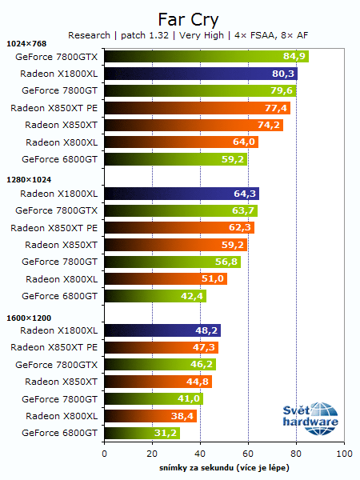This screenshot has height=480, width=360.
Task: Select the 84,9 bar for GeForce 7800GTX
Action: point(206,57)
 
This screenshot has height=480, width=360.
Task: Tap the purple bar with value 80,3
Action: point(200,74)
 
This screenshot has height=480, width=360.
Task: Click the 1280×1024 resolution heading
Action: point(29,180)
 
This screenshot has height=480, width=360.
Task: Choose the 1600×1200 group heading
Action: point(29,317)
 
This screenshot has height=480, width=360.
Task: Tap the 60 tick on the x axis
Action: point(248,453)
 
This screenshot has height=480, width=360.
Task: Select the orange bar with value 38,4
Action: point(150,416)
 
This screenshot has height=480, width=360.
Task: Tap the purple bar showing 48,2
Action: point(162,330)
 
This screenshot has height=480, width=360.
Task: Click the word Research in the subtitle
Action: point(90,34)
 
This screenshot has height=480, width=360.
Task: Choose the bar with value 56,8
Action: point(172,262)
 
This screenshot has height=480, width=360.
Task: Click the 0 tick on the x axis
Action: point(104,453)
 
